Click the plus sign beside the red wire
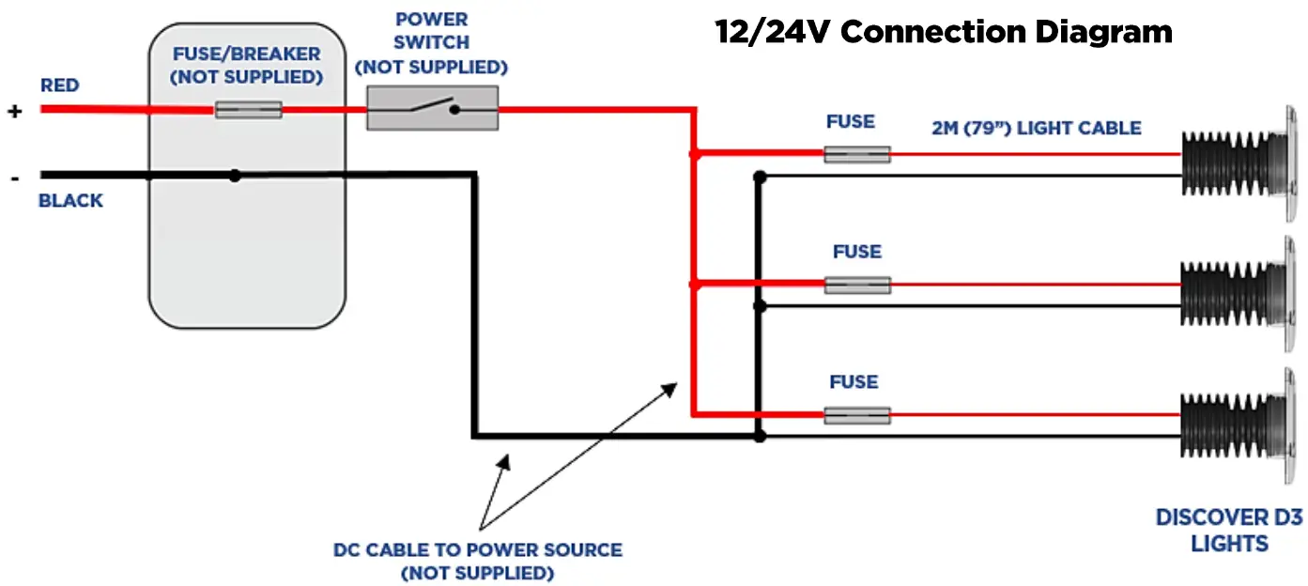pos(15,111)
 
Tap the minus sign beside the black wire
pos(15,177)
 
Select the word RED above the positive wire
pos(59,85)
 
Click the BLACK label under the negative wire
pos(70,200)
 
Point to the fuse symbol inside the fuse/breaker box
pos(248,109)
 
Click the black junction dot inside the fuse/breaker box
pos(235,176)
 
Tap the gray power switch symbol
pos(432,108)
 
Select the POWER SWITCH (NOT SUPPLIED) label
pos(432,43)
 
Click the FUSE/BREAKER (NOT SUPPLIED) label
pos(246,66)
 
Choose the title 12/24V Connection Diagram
pos(944,32)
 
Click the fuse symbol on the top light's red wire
pos(857,154)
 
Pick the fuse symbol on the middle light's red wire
pos(857,285)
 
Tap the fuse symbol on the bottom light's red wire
pos(857,415)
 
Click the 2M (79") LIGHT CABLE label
pos(1037,128)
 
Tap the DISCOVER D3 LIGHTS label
pos(1229,531)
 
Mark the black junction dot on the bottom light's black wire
pos(760,436)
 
